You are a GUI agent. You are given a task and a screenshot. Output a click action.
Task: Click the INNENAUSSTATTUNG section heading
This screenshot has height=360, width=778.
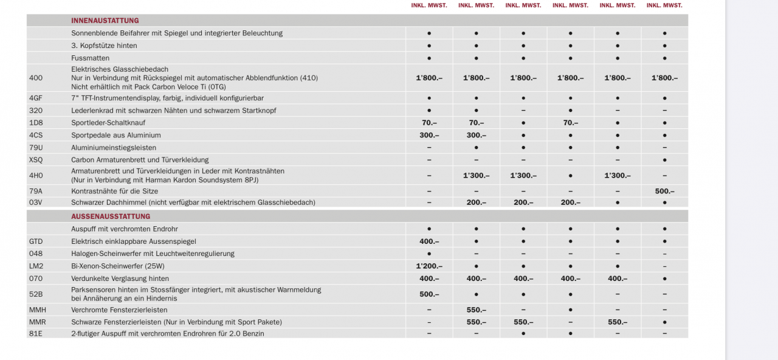pyautogui.click(x=105, y=21)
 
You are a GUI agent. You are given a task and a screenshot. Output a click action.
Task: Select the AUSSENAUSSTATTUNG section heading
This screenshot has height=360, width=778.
pyautogui.click(x=111, y=216)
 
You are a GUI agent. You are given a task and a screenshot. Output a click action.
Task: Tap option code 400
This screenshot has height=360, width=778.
pyautogui.click(x=36, y=78)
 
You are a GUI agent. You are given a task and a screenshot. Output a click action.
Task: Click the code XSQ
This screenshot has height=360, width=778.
pyautogui.click(x=36, y=160)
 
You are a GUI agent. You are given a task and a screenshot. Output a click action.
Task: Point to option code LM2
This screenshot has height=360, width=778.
pyautogui.click(x=36, y=266)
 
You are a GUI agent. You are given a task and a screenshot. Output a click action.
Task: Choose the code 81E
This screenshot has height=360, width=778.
pyautogui.click(x=36, y=334)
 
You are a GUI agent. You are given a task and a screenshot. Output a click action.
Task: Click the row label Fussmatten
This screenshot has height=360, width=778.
pyautogui.click(x=91, y=58)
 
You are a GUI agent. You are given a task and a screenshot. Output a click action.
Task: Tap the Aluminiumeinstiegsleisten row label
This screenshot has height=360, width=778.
pyautogui.click(x=114, y=148)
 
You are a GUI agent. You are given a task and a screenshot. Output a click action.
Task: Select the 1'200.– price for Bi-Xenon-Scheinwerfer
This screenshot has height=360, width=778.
pyautogui.click(x=429, y=266)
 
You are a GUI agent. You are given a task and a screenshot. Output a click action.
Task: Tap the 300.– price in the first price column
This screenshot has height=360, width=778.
pyautogui.click(x=429, y=136)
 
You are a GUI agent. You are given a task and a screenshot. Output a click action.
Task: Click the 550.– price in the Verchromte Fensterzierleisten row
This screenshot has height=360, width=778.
pyautogui.click(x=476, y=310)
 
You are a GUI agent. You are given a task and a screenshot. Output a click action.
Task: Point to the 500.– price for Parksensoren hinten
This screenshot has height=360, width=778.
pyautogui.click(x=429, y=294)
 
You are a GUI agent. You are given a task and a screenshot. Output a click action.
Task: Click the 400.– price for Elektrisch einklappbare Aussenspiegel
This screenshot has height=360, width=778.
pyautogui.click(x=429, y=241)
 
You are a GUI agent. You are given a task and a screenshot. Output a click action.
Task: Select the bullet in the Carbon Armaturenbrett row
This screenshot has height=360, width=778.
pyautogui.click(x=664, y=160)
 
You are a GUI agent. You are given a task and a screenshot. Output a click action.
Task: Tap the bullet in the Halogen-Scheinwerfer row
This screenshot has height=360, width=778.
pyautogui.click(x=429, y=254)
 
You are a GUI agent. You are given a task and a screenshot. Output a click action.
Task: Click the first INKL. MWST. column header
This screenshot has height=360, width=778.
pyautogui.click(x=429, y=5)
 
